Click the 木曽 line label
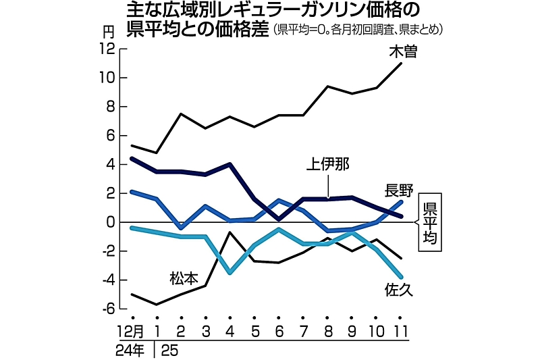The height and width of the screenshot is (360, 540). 403,51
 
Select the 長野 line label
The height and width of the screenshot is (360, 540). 399,190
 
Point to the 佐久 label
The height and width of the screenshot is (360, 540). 399,290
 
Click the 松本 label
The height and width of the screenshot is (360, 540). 182,278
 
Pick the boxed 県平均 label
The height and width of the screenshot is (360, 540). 430,222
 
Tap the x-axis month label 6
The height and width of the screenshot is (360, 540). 279,332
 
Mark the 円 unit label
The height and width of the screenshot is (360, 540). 109,31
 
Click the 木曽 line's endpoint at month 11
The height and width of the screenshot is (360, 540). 402,63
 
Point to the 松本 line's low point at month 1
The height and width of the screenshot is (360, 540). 157,305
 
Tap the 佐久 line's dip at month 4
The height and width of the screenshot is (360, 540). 230,273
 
